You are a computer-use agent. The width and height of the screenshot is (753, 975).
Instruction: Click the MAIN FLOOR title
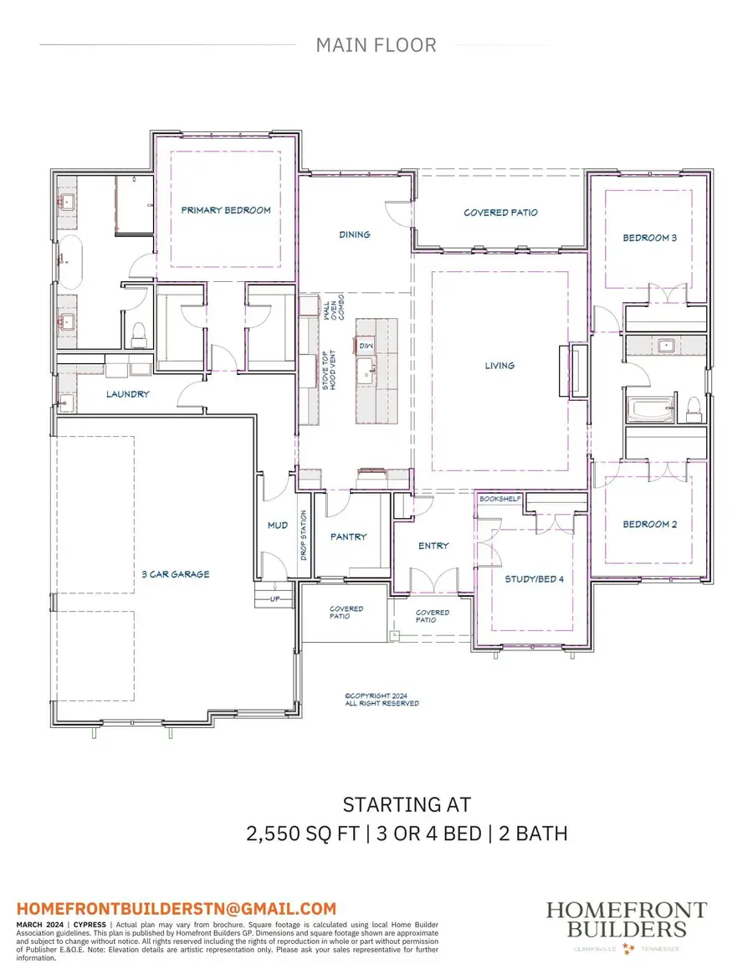click(x=376, y=45)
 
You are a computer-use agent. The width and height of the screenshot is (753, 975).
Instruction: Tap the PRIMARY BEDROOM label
click(x=226, y=210)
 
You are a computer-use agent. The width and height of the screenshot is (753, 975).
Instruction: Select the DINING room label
click(x=355, y=234)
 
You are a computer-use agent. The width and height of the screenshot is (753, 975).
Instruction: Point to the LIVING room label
click(x=499, y=365)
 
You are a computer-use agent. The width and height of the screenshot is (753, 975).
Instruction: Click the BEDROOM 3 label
click(x=650, y=238)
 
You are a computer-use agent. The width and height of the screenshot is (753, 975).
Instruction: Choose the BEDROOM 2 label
click(x=650, y=525)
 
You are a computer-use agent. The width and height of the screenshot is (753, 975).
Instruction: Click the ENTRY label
click(x=433, y=546)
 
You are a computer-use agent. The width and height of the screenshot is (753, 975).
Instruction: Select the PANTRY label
click(x=348, y=536)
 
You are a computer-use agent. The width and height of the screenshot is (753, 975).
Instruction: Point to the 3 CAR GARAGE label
click(x=176, y=574)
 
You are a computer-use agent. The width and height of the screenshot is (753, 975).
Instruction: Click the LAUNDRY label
click(x=128, y=393)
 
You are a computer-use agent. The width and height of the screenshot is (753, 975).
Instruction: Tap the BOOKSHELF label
click(x=500, y=499)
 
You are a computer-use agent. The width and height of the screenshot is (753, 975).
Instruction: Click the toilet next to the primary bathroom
click(x=139, y=333)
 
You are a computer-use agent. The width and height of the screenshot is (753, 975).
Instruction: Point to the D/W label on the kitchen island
click(x=366, y=345)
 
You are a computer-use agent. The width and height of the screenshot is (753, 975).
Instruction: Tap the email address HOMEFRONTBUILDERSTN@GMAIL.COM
click(x=177, y=908)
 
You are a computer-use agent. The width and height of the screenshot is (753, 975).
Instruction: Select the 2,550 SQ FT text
click(x=300, y=834)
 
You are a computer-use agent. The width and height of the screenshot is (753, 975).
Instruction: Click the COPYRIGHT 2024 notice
click(x=382, y=699)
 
